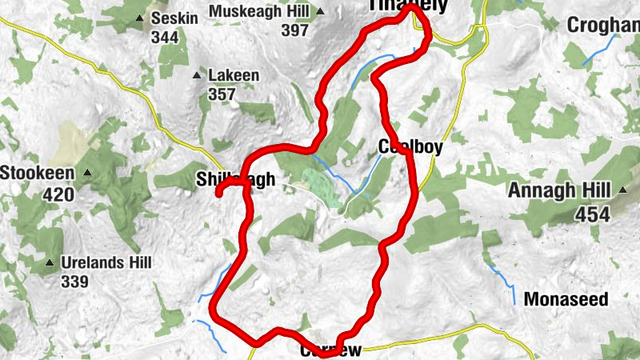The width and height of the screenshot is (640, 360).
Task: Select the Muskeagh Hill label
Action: pyautogui.click(x=258, y=11)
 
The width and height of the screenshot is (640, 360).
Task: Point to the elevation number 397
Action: pyautogui.click(x=295, y=30)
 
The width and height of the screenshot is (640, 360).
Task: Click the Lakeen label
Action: pyautogui.click(x=234, y=76)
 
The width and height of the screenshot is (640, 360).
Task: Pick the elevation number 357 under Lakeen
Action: pyautogui.click(x=222, y=94)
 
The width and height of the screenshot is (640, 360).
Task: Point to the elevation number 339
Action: pyautogui.click(x=74, y=281)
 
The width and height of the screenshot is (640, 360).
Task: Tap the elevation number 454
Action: pyautogui.click(x=593, y=214)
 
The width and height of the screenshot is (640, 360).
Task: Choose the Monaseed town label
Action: pyautogui.click(x=566, y=300)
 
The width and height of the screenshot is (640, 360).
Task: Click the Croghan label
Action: pyautogui.click(x=603, y=26)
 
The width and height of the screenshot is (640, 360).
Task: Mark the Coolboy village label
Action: pyautogui.click(x=410, y=148)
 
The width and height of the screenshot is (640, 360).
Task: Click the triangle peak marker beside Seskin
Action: pyautogui.click(x=141, y=18)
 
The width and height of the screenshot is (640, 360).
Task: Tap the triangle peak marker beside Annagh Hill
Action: pyautogui.click(x=622, y=190)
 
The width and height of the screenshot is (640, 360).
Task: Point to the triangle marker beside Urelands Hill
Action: pyautogui.click(x=50, y=262)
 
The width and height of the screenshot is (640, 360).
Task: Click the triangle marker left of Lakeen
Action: pyautogui.click(x=197, y=76)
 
